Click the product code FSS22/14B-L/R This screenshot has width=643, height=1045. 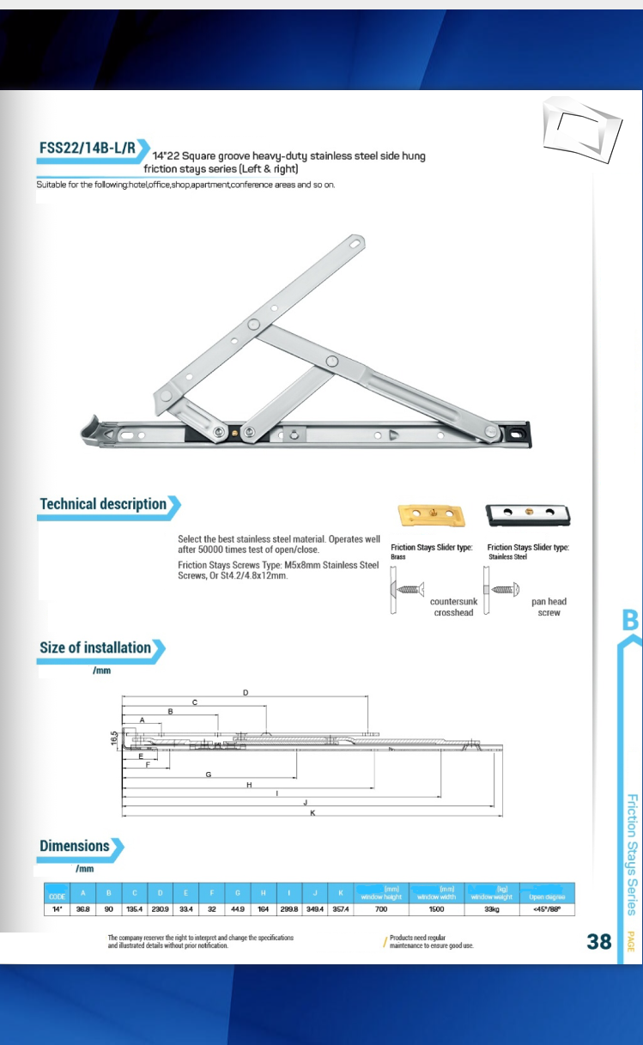tap(88, 148)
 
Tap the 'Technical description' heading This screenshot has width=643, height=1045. tap(103, 504)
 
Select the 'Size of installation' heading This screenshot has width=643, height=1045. tap(95, 647)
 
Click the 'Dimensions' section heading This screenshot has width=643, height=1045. tap(75, 846)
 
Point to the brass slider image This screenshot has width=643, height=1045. tap(431, 515)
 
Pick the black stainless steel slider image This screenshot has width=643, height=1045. tap(528, 515)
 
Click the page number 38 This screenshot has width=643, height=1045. tap(598, 941)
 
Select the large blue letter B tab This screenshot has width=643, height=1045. tap(630, 620)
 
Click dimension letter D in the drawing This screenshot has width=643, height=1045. tap(246, 692)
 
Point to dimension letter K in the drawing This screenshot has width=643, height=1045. tap(311, 812)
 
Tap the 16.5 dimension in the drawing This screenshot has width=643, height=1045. tap(113, 738)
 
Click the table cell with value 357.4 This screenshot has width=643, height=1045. tap(339, 908)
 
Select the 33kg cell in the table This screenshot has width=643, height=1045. tap(492, 908)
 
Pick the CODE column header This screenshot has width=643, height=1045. tap(57, 896)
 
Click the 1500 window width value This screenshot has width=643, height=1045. tap(436, 908)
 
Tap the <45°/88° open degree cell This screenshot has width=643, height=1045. tap(546, 908)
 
